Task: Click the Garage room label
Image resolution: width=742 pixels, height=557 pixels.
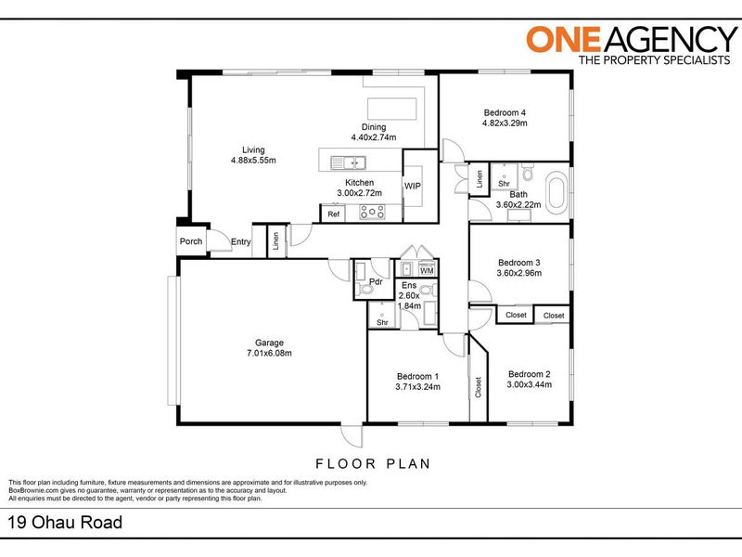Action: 269,343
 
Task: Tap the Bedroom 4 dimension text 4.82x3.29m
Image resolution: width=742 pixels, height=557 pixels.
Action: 505,123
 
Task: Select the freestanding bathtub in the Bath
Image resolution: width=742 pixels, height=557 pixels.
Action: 556,192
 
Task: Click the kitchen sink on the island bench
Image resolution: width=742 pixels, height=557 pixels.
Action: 348,163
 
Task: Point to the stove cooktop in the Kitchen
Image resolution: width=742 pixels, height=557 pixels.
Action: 372,213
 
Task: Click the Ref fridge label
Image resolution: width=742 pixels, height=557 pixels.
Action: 334,214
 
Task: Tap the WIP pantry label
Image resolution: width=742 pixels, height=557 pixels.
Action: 412,187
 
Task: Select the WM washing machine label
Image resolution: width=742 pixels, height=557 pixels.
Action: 427,271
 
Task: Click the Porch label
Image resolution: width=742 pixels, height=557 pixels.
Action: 191,241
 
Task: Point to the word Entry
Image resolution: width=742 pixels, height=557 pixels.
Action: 241,242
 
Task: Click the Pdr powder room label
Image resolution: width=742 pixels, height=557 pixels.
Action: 376,282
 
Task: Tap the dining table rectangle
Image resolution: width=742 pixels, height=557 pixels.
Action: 392,109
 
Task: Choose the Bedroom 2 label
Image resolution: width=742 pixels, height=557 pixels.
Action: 529,374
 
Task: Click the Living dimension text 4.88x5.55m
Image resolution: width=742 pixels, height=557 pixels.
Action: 253,160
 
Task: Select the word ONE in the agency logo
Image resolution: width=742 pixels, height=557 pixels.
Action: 564,39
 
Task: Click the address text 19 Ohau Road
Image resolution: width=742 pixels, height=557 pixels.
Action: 65,523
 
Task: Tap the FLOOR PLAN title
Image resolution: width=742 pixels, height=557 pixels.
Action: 373,463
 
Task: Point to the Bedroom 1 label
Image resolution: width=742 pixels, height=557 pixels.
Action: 418,377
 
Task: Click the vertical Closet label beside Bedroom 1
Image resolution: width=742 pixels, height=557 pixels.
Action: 478,387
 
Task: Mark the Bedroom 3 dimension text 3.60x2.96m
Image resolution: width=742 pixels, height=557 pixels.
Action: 519,273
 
